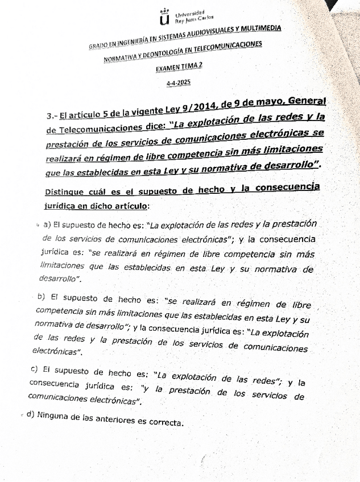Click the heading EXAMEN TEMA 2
(180, 67)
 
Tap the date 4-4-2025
(179, 83)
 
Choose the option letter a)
(47, 225)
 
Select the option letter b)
(41, 297)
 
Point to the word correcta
(167, 422)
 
